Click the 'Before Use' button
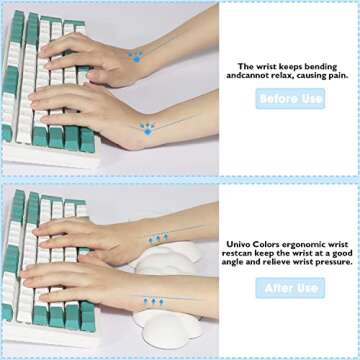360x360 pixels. [290, 98]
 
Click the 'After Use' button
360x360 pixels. [290, 287]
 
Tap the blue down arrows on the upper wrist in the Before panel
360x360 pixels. [136, 55]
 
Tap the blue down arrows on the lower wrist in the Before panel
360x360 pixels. [148, 128]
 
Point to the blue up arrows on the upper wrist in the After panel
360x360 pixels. [158, 239]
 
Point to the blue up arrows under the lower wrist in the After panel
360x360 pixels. [152, 300]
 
